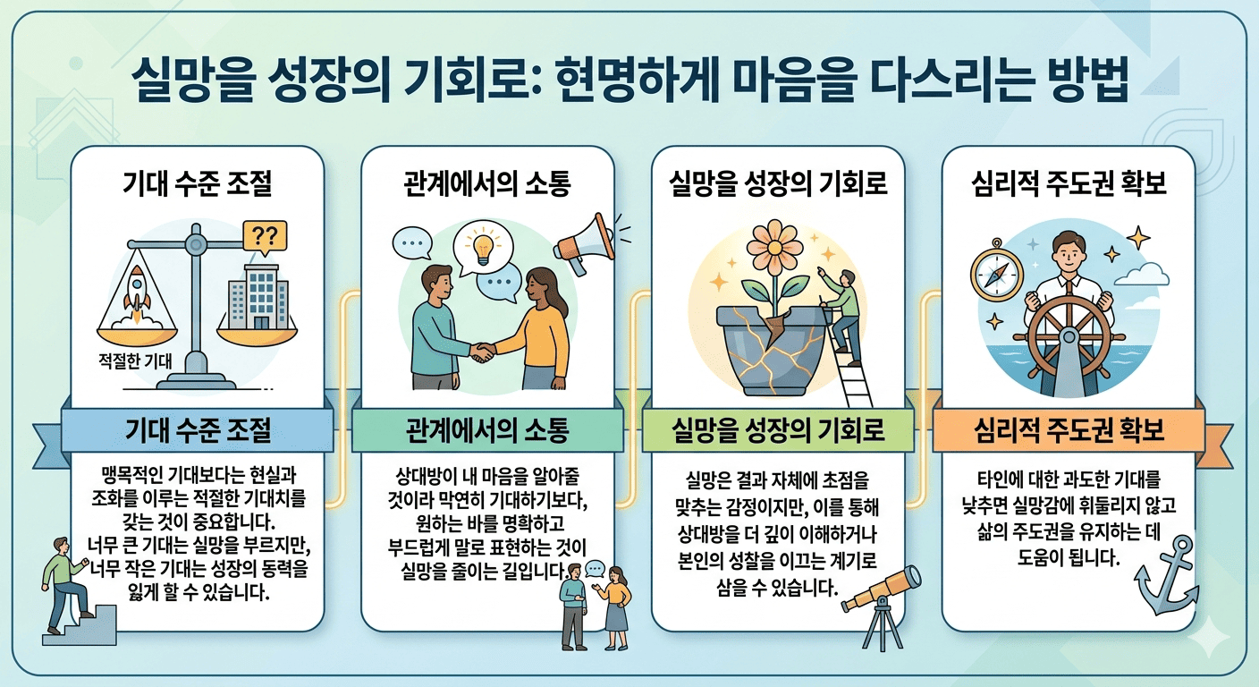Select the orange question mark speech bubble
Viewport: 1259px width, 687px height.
coord(265,237)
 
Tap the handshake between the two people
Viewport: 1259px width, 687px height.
coord(483,352)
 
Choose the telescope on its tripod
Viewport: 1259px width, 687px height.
coord(882,599)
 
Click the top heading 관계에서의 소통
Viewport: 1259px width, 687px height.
coord(487,185)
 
